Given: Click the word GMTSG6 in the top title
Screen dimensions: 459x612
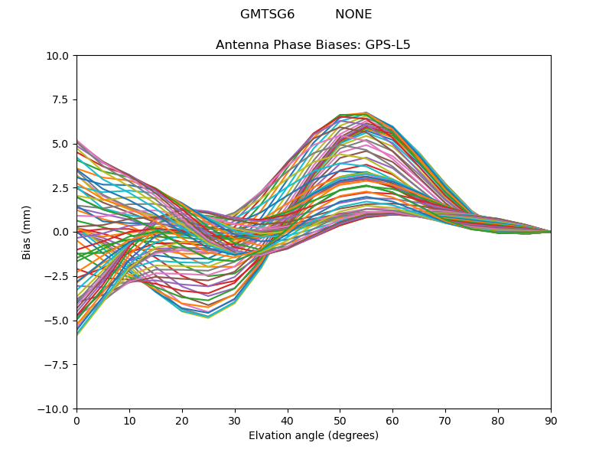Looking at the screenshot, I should pyautogui.click(x=267, y=15).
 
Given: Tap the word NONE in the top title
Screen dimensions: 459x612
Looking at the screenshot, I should pyautogui.click(x=353, y=15).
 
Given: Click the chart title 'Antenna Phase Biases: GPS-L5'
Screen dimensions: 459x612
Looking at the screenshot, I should pyautogui.click(x=313, y=45).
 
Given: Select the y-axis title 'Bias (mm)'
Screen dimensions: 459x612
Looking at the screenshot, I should pyautogui.click(x=27, y=232).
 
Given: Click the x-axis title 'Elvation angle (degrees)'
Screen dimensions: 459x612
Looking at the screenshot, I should pyautogui.click(x=313, y=436).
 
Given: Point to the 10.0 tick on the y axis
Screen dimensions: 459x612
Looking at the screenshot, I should pyautogui.click(x=60, y=56).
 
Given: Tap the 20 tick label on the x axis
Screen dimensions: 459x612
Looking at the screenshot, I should pyautogui.click(x=182, y=420).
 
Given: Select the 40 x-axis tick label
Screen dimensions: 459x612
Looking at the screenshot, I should pyautogui.click(x=288, y=420).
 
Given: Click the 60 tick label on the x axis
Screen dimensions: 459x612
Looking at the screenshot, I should pyautogui.click(x=392, y=420).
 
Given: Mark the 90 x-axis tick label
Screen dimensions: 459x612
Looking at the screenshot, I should pyautogui.click(x=551, y=420).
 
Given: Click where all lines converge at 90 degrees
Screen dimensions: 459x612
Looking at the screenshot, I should pyautogui.click(x=550, y=232).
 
